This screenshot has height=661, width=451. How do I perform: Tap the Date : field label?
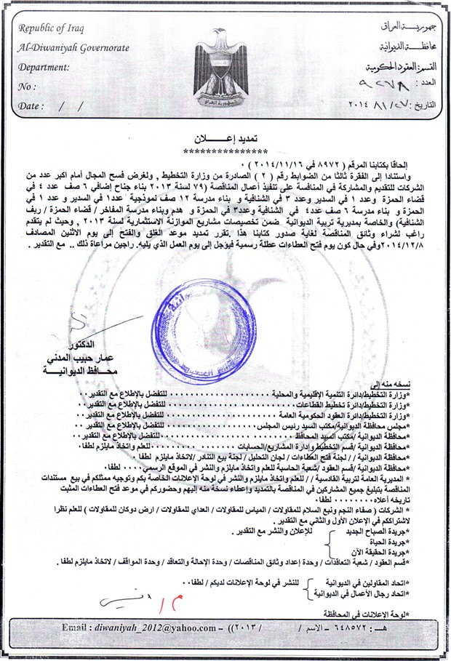30,105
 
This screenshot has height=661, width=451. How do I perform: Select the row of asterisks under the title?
225,151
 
